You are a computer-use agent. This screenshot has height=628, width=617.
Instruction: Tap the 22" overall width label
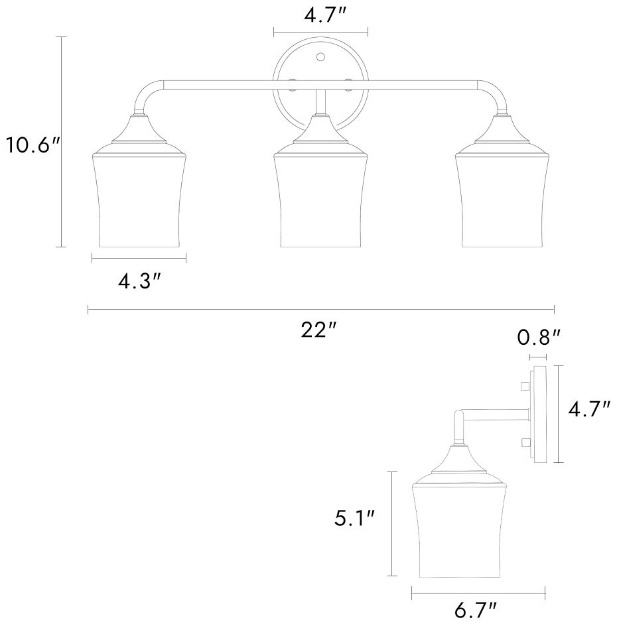point(319,330)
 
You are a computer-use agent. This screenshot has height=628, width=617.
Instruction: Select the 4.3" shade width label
point(139,282)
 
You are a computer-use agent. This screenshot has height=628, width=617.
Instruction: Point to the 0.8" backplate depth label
point(539,338)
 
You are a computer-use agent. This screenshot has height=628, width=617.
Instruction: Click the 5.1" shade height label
point(354,519)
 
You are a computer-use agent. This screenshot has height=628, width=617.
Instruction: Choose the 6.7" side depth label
point(476,611)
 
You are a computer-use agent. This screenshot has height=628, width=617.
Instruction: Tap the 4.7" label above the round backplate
point(324,16)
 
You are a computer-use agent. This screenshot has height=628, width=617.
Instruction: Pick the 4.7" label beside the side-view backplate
point(589,409)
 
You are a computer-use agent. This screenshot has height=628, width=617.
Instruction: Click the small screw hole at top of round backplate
point(320,57)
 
